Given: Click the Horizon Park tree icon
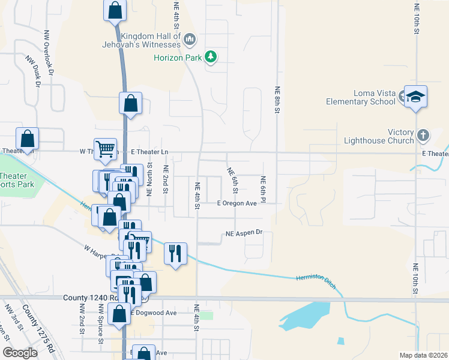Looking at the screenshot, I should point(210,57).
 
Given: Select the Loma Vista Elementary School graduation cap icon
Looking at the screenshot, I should point(415,96).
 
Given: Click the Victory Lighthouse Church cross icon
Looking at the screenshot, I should point(423,135).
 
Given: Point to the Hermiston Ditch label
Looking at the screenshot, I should point(315,281).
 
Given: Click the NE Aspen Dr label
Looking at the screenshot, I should point(244,233).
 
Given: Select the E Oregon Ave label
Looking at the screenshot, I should point(237,203).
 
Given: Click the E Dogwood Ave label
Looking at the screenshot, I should point(155,313).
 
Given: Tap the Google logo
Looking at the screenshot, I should point(20,353).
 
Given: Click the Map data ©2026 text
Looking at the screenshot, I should point(423,355).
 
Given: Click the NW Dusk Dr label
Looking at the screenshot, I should point(32,71).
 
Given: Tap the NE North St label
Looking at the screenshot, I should point(149,179).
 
